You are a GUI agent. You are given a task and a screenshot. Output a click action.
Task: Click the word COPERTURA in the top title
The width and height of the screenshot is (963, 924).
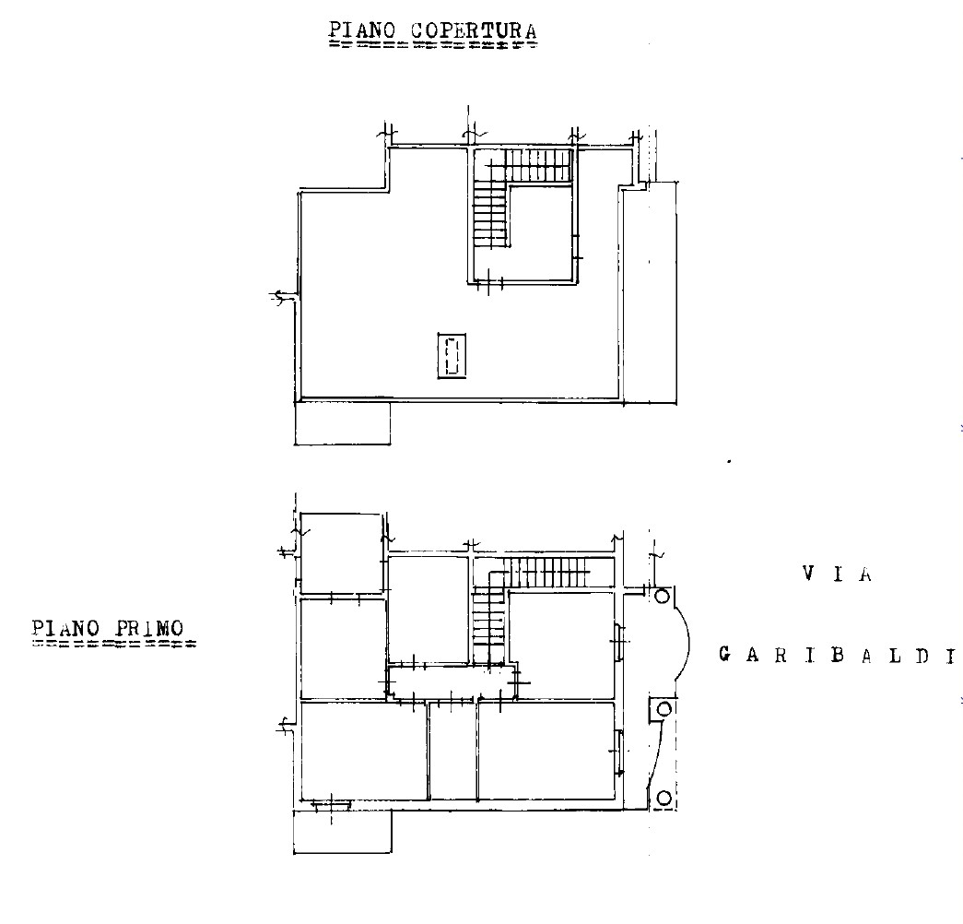474,30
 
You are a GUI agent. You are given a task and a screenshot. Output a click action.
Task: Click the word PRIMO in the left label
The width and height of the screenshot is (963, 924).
149,628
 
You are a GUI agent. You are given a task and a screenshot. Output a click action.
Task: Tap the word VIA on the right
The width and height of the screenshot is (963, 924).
837,575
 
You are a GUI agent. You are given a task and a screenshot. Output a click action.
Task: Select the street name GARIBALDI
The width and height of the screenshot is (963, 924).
837,656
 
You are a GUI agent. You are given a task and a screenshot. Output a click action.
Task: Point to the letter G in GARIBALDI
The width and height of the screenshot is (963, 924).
724,656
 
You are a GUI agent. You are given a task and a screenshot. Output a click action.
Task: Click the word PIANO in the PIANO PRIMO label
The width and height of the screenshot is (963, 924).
65,628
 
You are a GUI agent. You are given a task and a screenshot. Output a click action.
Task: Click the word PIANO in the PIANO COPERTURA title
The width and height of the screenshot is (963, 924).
363,30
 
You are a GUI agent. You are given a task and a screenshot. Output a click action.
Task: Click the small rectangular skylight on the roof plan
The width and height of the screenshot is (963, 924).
452,356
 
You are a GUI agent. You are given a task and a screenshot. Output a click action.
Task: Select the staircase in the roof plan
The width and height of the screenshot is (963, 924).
522,196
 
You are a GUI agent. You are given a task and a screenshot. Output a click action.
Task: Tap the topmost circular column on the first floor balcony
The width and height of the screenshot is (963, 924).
663,597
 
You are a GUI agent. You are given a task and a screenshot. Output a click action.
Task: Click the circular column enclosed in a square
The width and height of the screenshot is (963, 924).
664,709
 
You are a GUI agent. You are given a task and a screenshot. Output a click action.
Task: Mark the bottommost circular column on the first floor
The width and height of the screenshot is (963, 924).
664,798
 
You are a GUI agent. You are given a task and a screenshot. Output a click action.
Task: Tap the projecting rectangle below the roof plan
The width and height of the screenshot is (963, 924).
343,423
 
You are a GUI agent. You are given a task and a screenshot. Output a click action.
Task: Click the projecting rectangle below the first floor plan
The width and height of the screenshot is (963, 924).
343,831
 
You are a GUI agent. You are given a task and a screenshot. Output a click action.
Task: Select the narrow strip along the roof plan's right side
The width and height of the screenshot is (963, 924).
650,293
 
